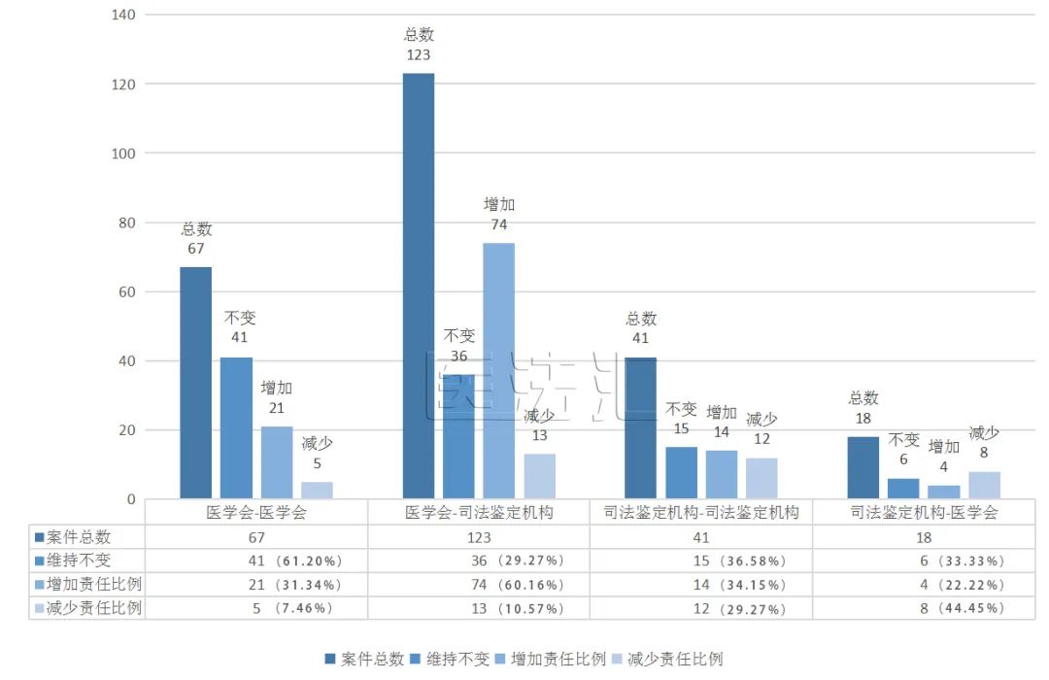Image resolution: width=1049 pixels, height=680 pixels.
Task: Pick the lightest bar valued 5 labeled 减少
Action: (x=317, y=491)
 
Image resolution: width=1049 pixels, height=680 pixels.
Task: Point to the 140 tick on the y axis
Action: (x=123, y=15)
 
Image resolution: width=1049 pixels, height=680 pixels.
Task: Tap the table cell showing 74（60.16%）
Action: (x=516, y=585)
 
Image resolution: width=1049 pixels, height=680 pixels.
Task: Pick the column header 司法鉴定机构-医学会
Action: (x=923, y=512)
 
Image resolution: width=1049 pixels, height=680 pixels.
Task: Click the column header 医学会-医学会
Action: (x=256, y=512)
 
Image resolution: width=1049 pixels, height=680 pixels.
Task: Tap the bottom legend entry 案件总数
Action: (x=372, y=659)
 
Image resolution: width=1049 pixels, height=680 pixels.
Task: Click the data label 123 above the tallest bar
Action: (x=419, y=55)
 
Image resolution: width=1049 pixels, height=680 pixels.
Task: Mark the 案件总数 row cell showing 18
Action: (x=923, y=537)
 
